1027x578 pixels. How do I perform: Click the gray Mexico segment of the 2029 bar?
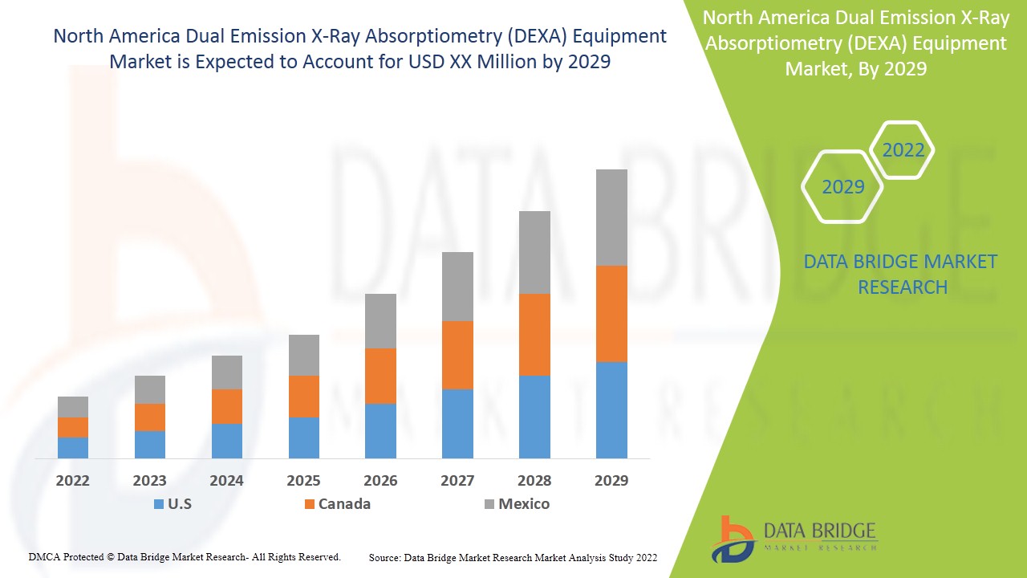tap(611, 217)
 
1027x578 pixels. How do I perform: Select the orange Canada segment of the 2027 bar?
tap(457, 355)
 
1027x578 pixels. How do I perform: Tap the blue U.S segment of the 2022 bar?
tap(73, 447)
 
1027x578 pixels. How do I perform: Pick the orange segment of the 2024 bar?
tap(227, 406)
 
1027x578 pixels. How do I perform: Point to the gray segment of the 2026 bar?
tap(380, 320)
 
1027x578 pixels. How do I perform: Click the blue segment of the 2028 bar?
tap(534, 417)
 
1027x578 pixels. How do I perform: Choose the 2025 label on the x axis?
tap(303, 481)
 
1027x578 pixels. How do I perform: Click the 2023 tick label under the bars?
tap(150, 481)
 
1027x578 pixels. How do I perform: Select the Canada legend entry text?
tap(344, 504)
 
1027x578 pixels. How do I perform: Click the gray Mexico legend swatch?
tap(489, 504)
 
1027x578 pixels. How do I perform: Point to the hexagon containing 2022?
tap(903, 150)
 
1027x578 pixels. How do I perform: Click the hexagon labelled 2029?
tap(842, 187)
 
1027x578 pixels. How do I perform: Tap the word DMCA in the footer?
tap(45, 556)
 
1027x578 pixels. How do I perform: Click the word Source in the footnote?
tap(385, 557)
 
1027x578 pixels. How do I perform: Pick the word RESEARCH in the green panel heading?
tap(903, 287)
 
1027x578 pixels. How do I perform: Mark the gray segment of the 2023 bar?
tap(150, 389)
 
